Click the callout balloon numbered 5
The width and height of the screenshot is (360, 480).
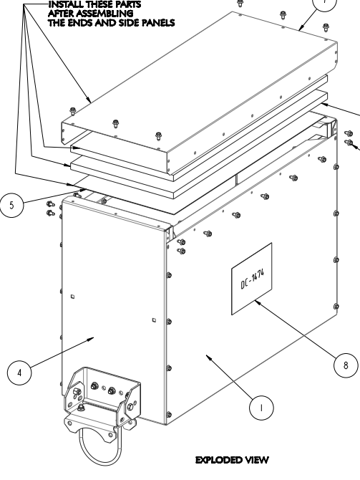pos(11,205)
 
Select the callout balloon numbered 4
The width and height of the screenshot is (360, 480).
pos(19,373)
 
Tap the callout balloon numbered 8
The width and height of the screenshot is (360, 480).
pos(346,365)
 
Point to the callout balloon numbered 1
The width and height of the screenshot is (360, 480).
pos(261,408)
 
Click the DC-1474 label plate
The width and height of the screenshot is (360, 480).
pos(252,279)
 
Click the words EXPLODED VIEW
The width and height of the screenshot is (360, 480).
pos(232,460)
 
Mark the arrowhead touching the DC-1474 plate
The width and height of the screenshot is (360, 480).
pos(257,302)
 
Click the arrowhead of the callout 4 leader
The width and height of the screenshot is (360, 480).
pos(91,339)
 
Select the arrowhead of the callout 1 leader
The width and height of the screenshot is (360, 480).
pos(208,357)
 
